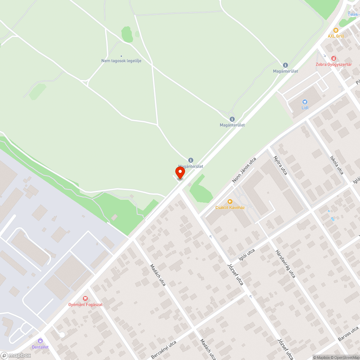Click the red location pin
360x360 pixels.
coord(180,172)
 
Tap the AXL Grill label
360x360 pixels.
coord(336,36)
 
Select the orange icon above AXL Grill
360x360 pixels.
coord(336,30)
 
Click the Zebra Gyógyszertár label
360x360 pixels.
coord(333,64)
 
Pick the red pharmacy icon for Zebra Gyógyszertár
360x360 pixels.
coord(334,58)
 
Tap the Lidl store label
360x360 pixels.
coord(305,108)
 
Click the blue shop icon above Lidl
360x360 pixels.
coord(305,102)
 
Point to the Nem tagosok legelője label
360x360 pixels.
coord(121,61)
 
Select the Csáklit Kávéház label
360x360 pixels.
coord(230,208)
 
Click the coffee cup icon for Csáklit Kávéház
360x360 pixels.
coord(230,202)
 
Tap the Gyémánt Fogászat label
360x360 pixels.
coord(86,305)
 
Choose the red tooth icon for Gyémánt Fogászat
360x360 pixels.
coord(85,298)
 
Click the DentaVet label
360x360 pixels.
coord(40,347)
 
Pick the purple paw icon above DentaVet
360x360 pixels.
coord(40,341)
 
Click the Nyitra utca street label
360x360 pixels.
coord(280,166)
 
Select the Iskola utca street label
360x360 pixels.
coord(336,165)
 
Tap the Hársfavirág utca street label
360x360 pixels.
coord(285,264)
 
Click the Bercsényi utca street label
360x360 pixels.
coord(164,350)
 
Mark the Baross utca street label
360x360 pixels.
coord(348,334)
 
